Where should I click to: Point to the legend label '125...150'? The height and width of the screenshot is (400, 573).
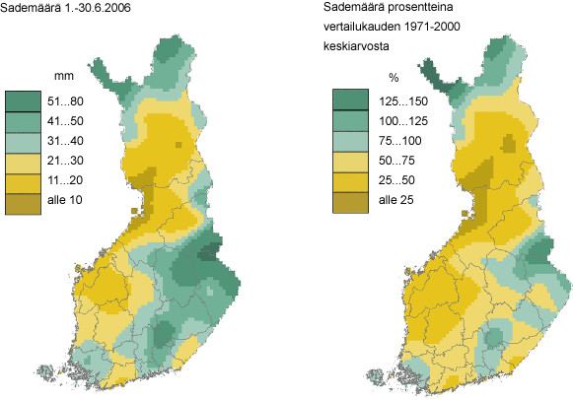pyautogui.click(x=396, y=100)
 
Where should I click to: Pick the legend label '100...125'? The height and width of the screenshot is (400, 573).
pyautogui.click(x=396, y=120)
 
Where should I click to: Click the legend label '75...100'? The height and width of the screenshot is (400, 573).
pyautogui.click(x=394, y=141)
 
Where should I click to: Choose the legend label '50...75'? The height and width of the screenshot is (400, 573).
pyautogui.click(x=391, y=162)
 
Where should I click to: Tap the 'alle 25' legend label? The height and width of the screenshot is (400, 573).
pyautogui.click(x=391, y=203)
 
